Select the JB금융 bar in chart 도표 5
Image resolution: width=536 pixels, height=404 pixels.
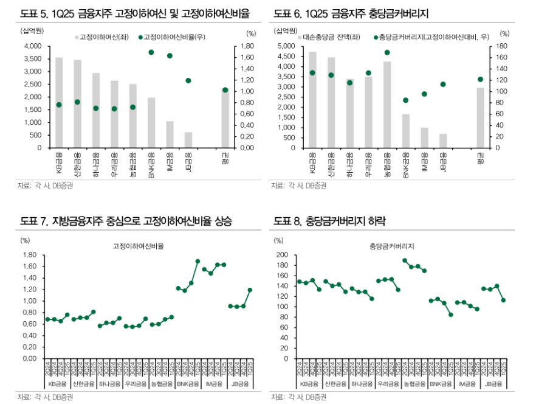click(x=188, y=140)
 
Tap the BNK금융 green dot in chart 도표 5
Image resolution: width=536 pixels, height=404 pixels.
click(x=151, y=52)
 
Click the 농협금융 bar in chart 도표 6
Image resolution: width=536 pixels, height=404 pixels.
click(x=387, y=105)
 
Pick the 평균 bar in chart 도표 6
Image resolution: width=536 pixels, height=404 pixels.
click(x=480, y=117)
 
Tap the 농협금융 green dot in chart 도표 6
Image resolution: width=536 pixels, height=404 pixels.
click(x=387, y=52)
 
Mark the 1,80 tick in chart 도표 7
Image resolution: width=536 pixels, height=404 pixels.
click(x=29, y=255)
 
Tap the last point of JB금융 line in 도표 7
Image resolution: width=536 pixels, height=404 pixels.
click(x=250, y=290)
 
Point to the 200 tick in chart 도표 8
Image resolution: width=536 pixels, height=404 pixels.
click(x=281, y=255)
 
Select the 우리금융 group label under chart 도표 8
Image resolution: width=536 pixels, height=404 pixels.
click(x=388, y=384)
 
